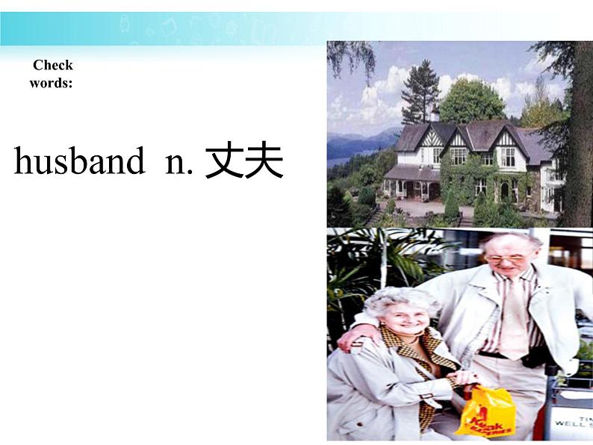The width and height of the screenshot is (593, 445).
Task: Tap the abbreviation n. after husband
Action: [x=178, y=162]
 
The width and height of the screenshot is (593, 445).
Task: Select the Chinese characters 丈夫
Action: [x=243, y=161]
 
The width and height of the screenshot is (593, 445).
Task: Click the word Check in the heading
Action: [x=52, y=65]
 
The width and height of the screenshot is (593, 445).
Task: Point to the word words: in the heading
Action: [x=51, y=82]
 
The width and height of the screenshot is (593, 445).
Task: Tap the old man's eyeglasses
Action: [x=507, y=258]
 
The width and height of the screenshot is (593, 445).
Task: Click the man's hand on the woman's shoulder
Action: [x=349, y=338]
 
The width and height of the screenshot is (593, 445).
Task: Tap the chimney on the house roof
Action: [x=435, y=113]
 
